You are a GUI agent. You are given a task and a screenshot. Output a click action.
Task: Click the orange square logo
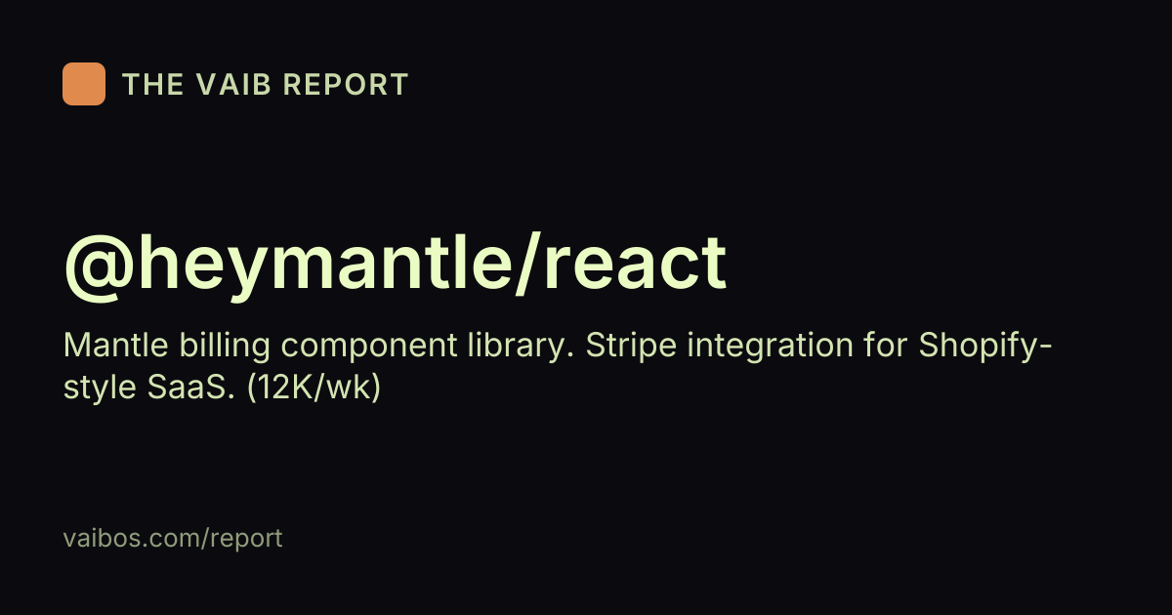coord(84,84)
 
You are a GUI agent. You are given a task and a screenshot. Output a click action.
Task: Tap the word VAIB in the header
coord(233,84)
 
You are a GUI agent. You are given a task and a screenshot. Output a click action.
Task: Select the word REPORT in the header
coord(346,84)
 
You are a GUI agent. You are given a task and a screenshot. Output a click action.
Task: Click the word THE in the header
coord(152,84)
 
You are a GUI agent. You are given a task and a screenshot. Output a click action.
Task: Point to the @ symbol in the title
coord(99,267)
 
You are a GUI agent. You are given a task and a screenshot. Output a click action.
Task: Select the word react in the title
coord(635,266)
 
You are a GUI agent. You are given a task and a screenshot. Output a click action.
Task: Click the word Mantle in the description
coord(115,346)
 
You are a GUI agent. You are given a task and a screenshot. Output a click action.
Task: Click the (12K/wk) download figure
coord(314,389)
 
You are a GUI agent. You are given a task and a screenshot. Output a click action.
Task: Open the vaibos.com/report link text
coord(173,539)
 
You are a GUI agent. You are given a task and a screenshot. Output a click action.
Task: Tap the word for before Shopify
coord(886,346)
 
